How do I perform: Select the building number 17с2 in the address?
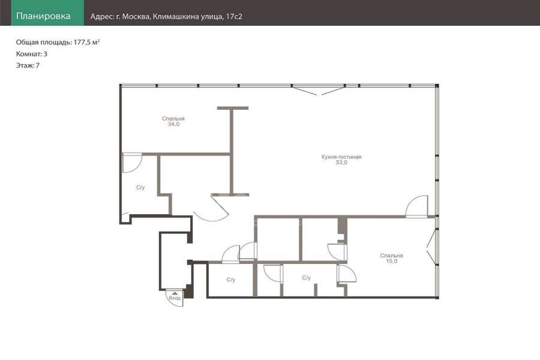[x=234, y=17]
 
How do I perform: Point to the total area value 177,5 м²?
[x=87, y=43]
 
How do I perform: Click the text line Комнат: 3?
[x=32, y=54]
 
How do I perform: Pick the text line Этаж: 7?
[x=28, y=65]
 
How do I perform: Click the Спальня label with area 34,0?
[x=173, y=119]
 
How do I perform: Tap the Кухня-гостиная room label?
[x=341, y=157]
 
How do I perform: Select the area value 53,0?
[x=341, y=163]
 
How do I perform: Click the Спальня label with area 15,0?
[x=392, y=256]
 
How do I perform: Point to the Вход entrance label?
[x=175, y=298]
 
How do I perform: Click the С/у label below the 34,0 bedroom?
[x=140, y=187]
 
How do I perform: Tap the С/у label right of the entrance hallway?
[x=231, y=280]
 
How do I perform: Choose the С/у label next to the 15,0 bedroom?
[x=306, y=278]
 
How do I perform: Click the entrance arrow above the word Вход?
[x=175, y=293]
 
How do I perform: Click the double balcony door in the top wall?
[x=319, y=90]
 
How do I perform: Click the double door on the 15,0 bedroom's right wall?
[x=431, y=247]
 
